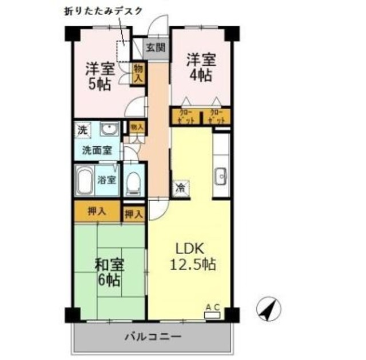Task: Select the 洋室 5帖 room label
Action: coord(100,76)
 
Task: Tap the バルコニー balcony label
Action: coord(153,336)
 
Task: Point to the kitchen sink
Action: coord(221,177)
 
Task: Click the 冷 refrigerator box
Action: coord(181,187)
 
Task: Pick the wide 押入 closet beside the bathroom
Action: coord(97,211)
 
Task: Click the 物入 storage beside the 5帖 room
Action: coord(138,74)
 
